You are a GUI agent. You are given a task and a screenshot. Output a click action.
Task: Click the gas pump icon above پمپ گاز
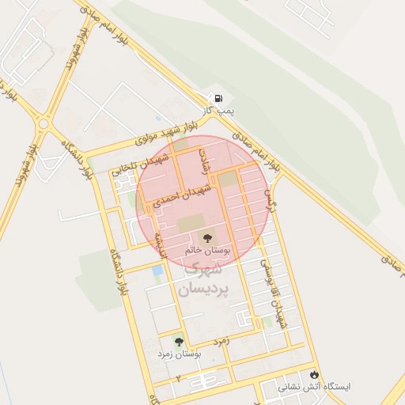click(x=218, y=99)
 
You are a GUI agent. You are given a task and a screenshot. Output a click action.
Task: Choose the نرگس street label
click(x=274, y=192)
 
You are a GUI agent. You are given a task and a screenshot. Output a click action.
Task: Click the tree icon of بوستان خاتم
click(x=206, y=236)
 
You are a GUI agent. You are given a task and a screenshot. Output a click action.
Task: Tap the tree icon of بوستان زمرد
click(x=179, y=342)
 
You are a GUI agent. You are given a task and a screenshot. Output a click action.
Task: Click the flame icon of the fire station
click(x=315, y=373)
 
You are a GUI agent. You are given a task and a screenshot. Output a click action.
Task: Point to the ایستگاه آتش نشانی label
click(x=314, y=388)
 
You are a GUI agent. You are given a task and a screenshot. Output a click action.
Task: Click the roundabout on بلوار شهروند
click(x=43, y=123)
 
